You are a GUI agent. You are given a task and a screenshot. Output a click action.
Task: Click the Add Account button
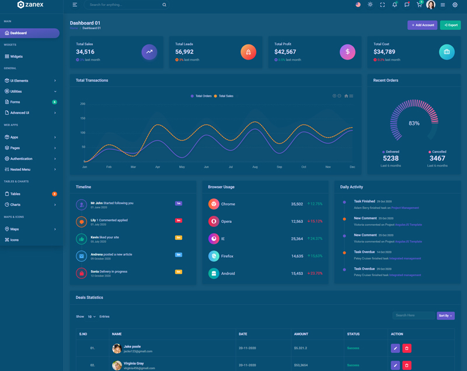click(x=422, y=25)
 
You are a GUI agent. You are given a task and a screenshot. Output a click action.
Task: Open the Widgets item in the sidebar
click(x=16, y=57)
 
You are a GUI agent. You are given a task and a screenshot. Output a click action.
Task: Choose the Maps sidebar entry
click(x=15, y=229)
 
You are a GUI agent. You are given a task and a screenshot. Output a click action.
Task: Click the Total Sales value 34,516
click(x=85, y=52)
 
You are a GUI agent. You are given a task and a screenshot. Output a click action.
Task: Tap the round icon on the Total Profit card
click(x=347, y=52)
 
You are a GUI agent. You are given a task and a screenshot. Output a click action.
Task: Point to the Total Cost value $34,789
click(x=384, y=52)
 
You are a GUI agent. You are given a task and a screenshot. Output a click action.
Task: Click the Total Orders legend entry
click(x=201, y=96)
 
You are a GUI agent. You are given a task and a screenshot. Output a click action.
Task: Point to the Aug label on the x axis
click(x=255, y=167)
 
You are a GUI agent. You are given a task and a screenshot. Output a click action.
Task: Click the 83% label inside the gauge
click(x=414, y=124)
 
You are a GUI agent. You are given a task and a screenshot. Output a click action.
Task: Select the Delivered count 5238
click(x=391, y=158)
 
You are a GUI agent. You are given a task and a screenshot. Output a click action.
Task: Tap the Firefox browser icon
click(x=214, y=256)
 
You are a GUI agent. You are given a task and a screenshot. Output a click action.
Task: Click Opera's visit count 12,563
click(x=297, y=222)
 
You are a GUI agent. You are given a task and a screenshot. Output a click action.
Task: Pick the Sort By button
click(x=445, y=316)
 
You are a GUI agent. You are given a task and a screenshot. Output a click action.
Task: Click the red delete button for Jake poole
click(x=407, y=348)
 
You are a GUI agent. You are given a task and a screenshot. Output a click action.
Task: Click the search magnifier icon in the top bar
click(x=164, y=5)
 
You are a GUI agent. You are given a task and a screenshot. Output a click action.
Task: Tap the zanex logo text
click(x=34, y=5)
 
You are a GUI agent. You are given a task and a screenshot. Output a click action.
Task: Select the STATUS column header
click(x=353, y=334)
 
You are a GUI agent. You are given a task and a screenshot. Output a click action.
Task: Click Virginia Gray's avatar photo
click(x=117, y=365)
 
